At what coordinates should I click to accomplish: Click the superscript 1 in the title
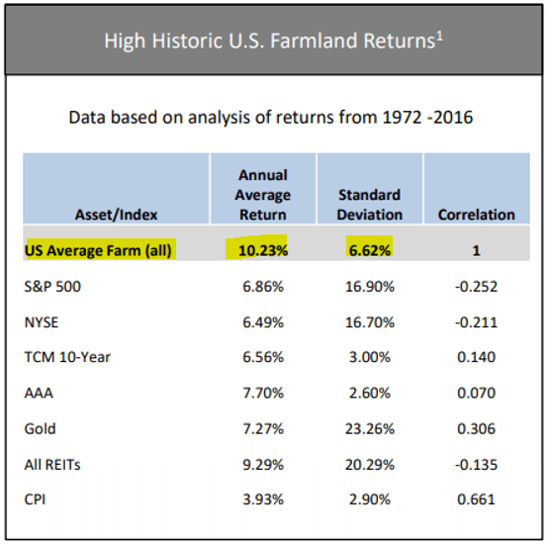coord(440,36)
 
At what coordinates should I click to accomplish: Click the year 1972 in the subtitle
coord(403,117)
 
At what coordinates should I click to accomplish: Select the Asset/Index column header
coord(117,215)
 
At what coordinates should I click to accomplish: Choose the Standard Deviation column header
coord(370,205)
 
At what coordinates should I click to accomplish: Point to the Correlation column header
coord(477,215)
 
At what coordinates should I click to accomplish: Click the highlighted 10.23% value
coord(263,250)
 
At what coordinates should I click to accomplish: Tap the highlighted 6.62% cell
coord(370,250)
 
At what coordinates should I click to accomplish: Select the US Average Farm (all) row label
coord(98,250)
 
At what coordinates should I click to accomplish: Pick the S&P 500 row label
coord(52,287)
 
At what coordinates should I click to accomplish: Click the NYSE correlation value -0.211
coord(476,322)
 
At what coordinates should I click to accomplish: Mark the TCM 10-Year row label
coord(67,357)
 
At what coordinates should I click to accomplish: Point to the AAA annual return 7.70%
coord(263,393)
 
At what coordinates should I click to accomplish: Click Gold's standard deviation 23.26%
coord(370,429)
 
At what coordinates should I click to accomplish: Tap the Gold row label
coord(40,429)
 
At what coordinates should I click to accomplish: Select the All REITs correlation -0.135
coord(476,465)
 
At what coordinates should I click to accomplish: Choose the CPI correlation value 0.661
coord(476,499)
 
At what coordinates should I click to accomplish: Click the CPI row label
coord(35,499)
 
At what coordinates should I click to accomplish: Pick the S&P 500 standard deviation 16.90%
coord(370,287)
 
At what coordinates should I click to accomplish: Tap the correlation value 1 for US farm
coord(476,250)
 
